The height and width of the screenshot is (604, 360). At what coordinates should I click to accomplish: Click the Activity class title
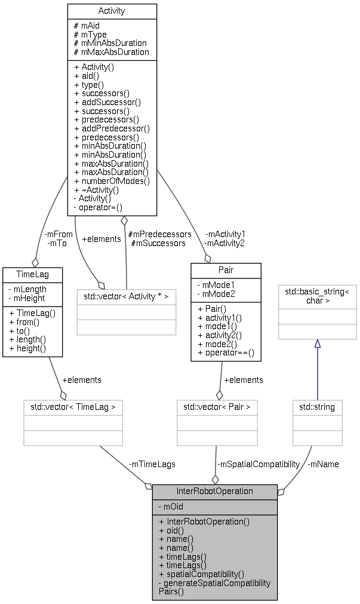pos(112,11)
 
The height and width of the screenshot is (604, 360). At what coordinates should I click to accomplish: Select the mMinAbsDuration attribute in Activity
pos(110,43)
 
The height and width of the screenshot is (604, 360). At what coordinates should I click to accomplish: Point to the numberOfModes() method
pos(112,181)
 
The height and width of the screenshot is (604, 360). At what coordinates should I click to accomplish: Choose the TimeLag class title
pos(33,274)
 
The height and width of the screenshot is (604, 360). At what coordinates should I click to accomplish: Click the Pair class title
pos(226,269)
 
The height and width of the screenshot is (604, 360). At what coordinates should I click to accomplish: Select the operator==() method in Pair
pos(226,353)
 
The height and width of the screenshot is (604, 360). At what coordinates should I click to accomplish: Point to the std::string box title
pos(317,407)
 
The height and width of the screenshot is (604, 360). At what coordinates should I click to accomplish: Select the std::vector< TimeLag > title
pos(73,407)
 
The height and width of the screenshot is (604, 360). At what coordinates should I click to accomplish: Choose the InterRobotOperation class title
pos(215,491)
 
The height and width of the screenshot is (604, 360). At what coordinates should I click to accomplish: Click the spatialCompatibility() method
pos(201,574)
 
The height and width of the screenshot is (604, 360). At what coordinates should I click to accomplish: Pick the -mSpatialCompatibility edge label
pos(258,464)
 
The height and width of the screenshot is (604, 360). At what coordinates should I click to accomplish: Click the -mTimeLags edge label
pos(152,464)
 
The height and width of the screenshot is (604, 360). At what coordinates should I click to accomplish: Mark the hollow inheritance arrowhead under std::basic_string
pos(317,344)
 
